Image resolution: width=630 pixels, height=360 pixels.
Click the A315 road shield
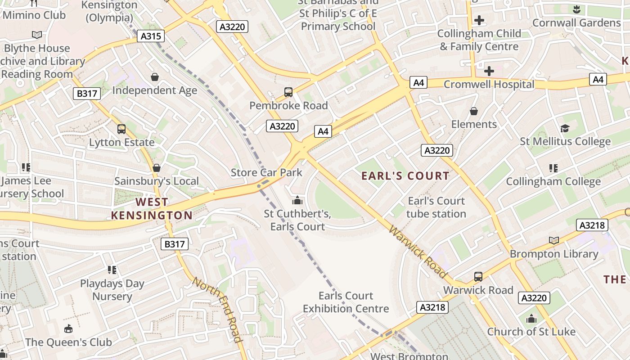pos(151,36)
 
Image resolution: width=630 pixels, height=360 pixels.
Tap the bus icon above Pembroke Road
pos(288,92)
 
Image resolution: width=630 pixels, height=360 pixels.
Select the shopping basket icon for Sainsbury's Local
pos(157,168)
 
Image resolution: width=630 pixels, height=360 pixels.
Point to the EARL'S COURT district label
pos(405,176)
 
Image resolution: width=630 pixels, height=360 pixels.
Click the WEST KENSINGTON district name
pos(152,209)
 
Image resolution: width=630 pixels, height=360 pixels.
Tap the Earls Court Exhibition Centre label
pos(346,302)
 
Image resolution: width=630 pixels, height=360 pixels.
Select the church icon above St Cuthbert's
pos(297,200)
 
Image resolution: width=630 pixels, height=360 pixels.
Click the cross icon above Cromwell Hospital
pos(489,71)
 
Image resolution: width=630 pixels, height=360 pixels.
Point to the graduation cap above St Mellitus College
pos(565,129)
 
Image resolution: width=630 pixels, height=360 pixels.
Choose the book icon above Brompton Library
pos(554,241)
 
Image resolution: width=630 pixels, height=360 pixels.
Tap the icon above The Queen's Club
pos(68,329)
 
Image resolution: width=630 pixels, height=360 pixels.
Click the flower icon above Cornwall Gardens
pos(576,9)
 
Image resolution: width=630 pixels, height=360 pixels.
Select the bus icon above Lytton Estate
pos(121,129)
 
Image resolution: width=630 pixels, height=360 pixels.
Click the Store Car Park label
pos(266,172)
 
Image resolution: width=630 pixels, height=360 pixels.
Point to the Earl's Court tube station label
pos(436,207)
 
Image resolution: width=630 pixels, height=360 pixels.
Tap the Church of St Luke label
pos(531,332)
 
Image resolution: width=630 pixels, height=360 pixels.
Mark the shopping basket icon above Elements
pos(474,111)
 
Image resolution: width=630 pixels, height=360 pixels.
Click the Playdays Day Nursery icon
pos(112,270)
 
